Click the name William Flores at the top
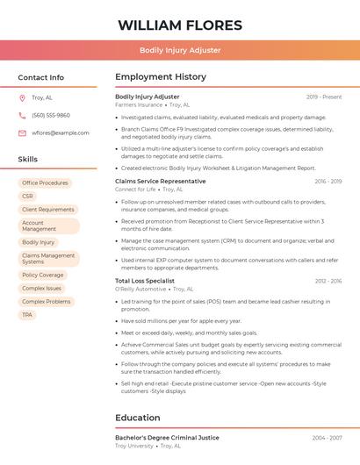(179, 24)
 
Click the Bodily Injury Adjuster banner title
(179, 50)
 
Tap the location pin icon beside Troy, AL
(22, 97)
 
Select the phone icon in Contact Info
(22, 115)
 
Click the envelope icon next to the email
(22, 132)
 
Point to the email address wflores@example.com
(61, 132)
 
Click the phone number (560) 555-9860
(51, 115)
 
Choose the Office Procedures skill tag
(45, 182)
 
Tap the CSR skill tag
(28, 196)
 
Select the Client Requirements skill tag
(48, 209)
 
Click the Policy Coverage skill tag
(43, 275)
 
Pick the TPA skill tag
(28, 314)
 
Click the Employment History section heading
(161, 77)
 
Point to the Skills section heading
(28, 159)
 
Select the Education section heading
(139, 418)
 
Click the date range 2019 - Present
(324, 97)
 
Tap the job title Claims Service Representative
(161, 181)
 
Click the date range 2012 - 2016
(327, 281)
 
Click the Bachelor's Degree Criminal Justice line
(167, 437)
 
